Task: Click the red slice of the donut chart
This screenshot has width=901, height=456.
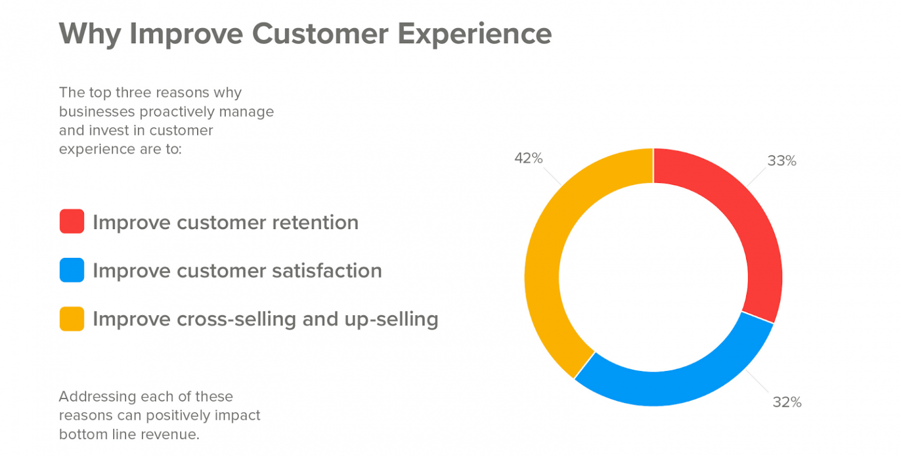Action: [x=748, y=225]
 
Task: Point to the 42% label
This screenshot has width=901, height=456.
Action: [x=529, y=158]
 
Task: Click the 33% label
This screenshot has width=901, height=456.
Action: [x=781, y=161]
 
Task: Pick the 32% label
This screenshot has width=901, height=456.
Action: [x=787, y=402]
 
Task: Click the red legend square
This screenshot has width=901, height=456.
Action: [x=72, y=221]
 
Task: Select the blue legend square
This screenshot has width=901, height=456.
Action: [x=72, y=270]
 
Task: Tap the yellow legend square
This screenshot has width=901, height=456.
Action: [x=72, y=319]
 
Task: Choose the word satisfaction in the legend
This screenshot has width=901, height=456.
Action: [x=327, y=270]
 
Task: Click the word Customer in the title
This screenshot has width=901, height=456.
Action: [x=320, y=33]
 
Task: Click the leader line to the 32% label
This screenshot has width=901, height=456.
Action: [x=757, y=381]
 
